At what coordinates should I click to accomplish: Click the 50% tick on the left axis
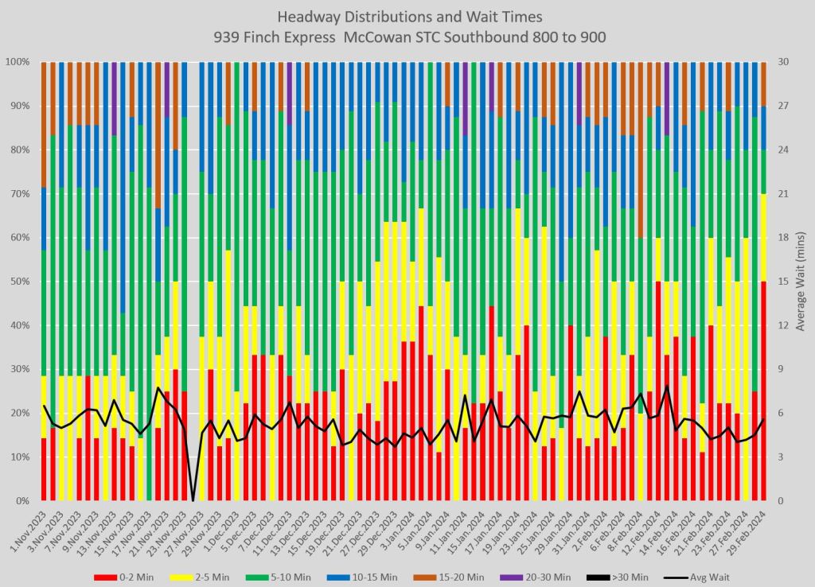(x=18, y=282)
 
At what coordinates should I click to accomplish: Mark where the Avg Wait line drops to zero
(x=192, y=500)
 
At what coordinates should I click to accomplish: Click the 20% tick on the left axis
(x=18, y=414)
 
